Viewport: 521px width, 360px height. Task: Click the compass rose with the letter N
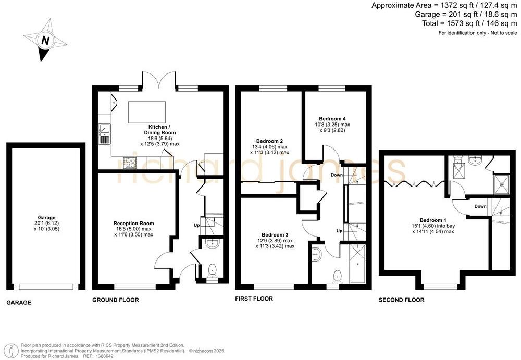45,40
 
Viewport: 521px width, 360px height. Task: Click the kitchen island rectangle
146,112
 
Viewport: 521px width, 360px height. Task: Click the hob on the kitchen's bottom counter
129,163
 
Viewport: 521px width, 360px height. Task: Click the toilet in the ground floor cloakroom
212,270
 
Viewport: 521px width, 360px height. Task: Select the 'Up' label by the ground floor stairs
196,225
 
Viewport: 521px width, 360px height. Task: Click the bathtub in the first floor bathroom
358,263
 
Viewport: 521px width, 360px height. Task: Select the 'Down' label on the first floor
337,175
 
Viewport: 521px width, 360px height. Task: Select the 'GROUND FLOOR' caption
115,300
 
